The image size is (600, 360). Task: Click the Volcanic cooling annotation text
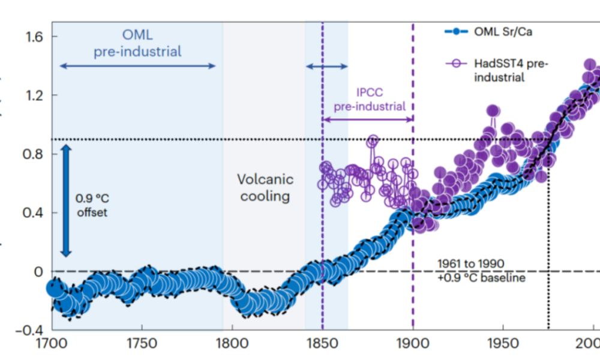coord(265,187)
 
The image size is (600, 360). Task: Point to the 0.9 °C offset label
coord(91,204)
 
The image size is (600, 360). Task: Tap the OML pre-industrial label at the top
coord(137,43)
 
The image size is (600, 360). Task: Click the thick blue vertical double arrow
coord(67,198)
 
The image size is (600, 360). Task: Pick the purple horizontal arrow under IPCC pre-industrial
coord(368,119)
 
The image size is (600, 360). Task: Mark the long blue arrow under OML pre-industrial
coord(137,65)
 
